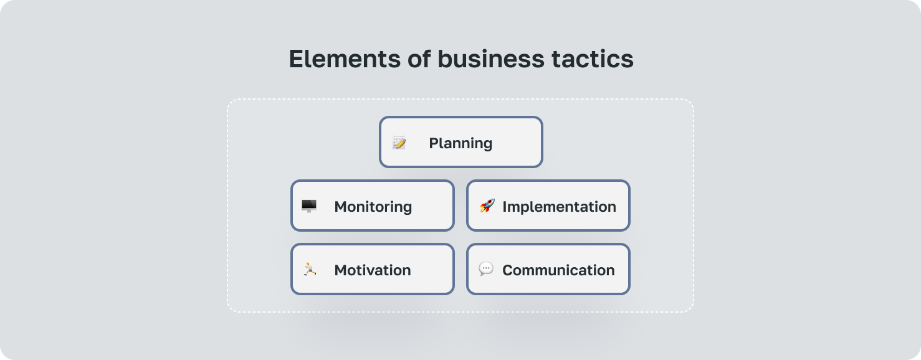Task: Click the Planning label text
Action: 461,143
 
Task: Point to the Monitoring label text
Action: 373,207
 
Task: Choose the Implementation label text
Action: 559,207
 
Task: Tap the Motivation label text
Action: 372,270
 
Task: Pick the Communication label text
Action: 558,270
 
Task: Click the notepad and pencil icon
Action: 399,143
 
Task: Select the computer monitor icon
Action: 309,206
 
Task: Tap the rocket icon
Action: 487,206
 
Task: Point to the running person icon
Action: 310,269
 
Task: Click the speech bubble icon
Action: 486,269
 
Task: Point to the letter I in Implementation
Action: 505,207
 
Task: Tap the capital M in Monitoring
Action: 341,207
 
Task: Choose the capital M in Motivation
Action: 341,270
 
